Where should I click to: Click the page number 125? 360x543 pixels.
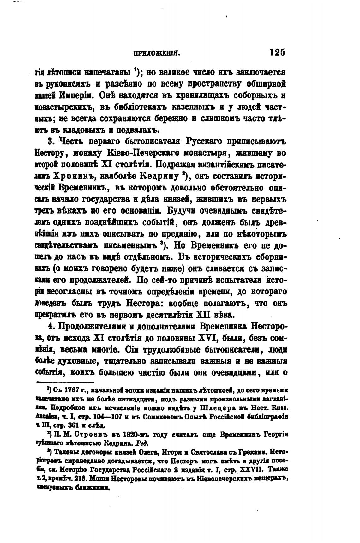pyautogui.click(x=278, y=52)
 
